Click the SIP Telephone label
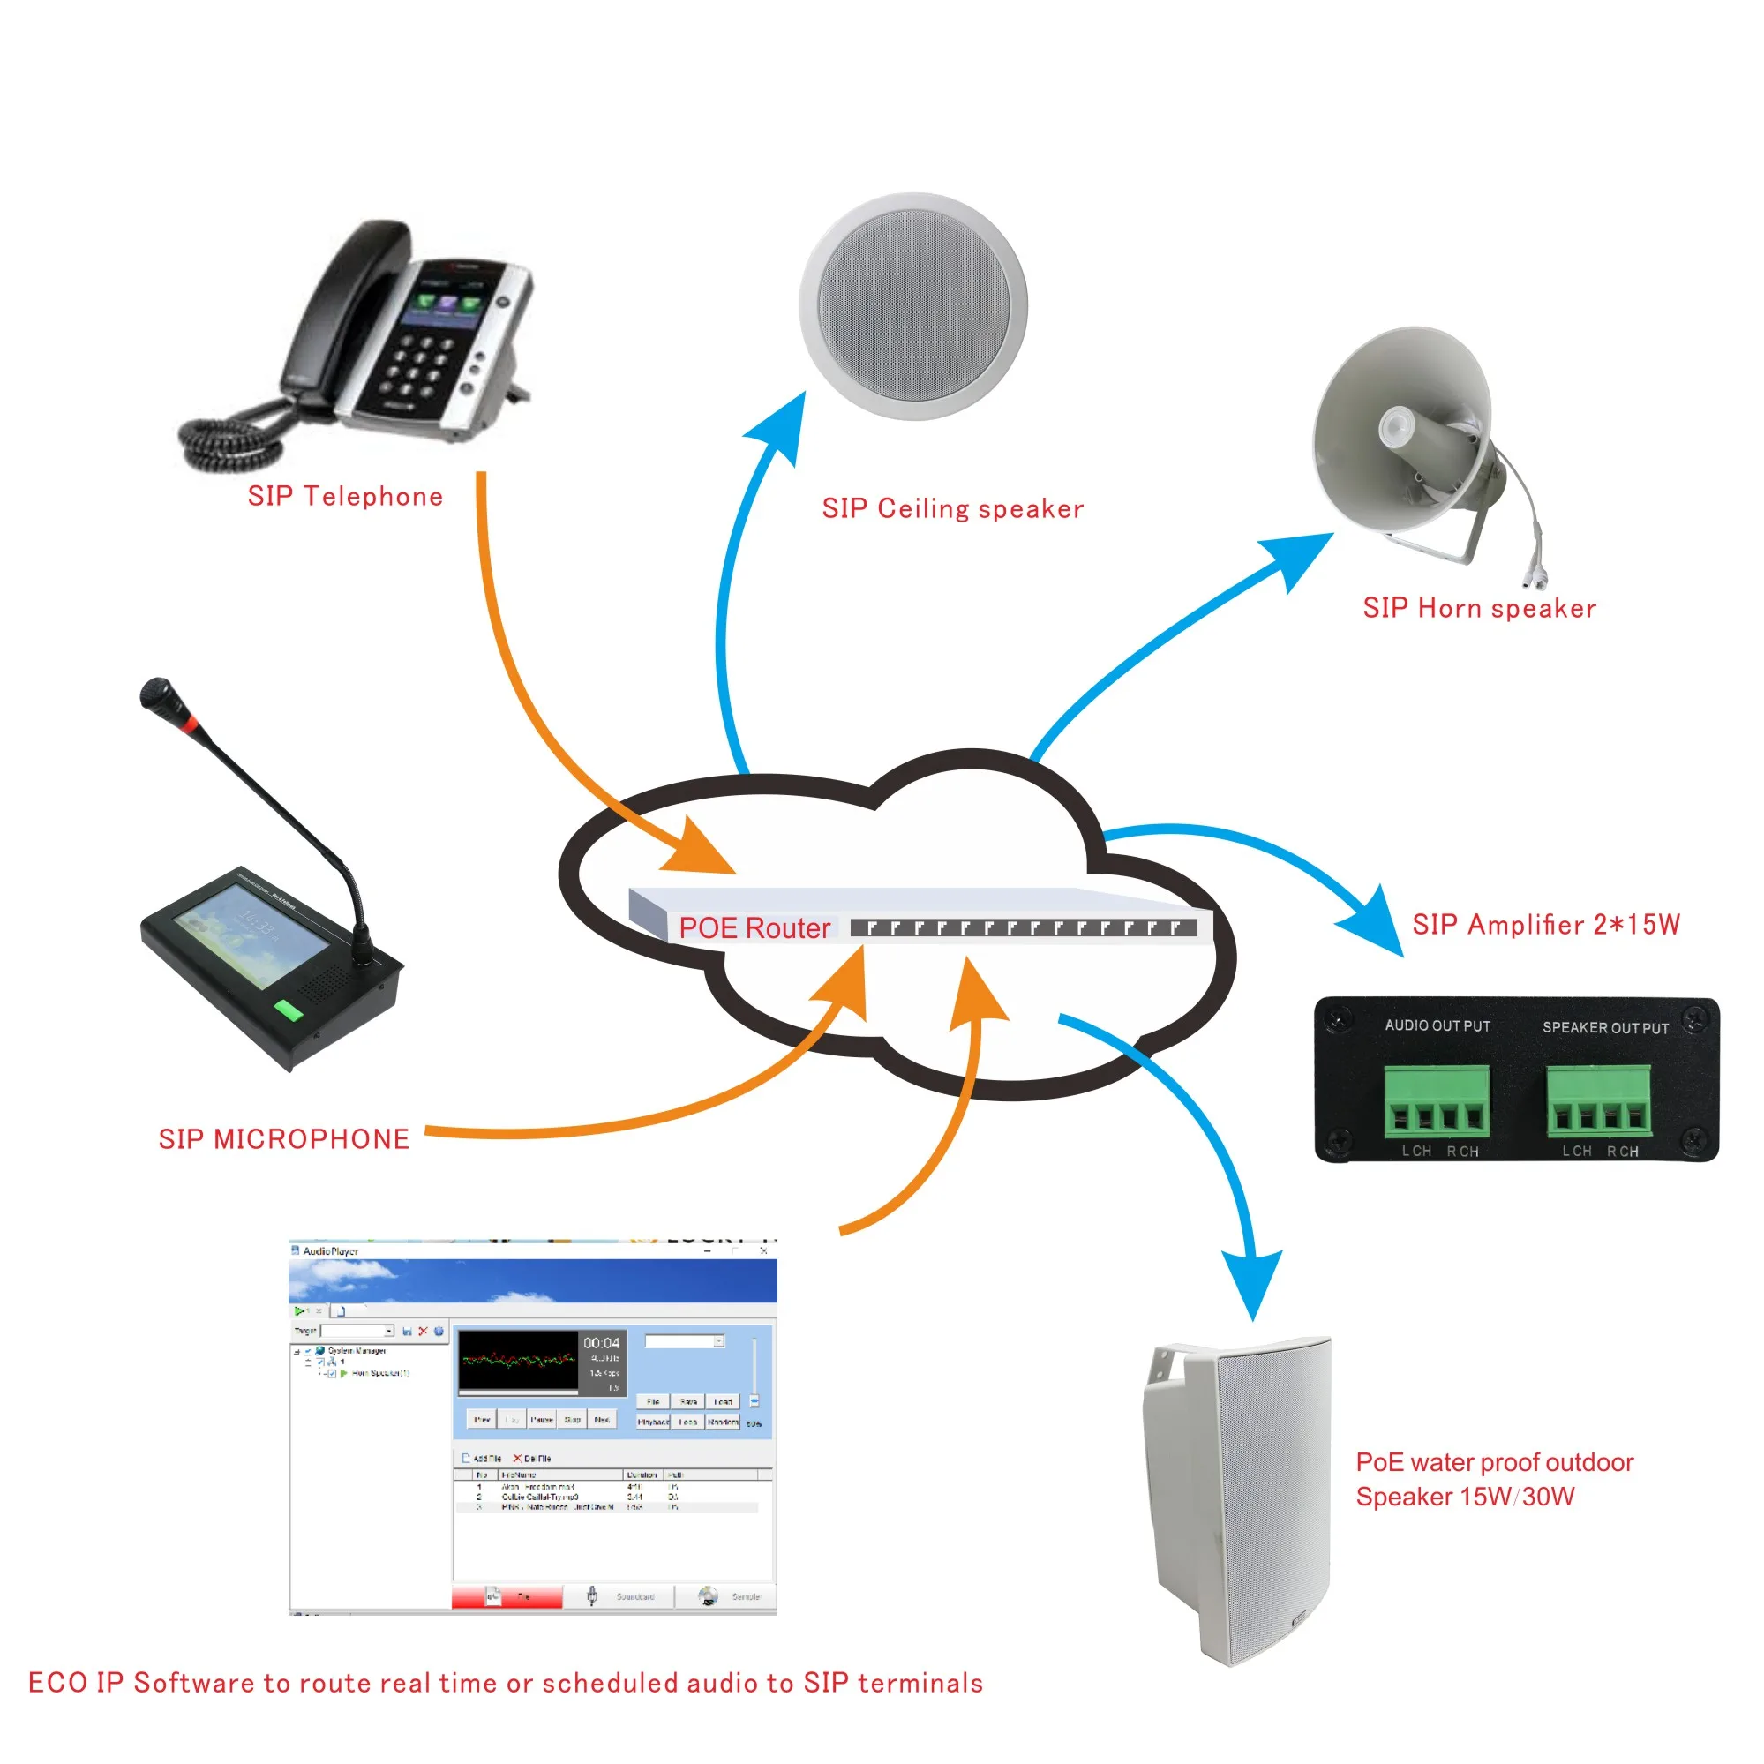tap(345, 496)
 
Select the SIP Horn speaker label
tap(1479, 608)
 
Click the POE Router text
tap(754, 927)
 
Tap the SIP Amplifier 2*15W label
tap(1545, 925)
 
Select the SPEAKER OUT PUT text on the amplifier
tap(1605, 1028)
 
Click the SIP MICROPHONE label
tap(284, 1138)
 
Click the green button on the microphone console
tap(289, 1010)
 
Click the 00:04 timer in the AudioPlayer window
tap(601, 1343)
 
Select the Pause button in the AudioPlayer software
tap(542, 1420)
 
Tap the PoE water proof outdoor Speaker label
tap(1493, 1478)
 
